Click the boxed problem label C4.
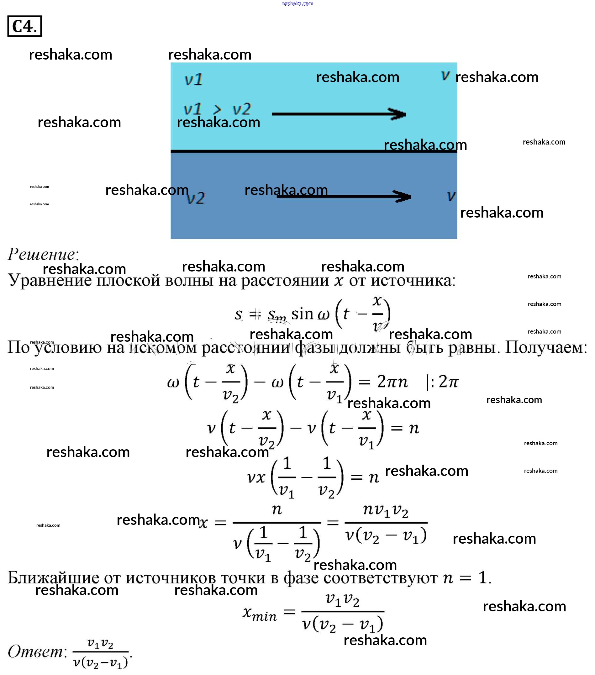tap(24, 26)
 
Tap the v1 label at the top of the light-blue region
tap(193, 80)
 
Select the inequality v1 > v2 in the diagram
tap(217, 109)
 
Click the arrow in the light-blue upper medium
tap(339, 114)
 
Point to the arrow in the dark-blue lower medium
tap(343, 197)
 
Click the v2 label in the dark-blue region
tap(196, 198)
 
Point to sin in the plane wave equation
tap(302, 314)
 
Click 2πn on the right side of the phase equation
tap(392, 382)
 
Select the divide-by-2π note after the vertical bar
tap(442, 382)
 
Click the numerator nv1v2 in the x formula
tap(386, 510)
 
